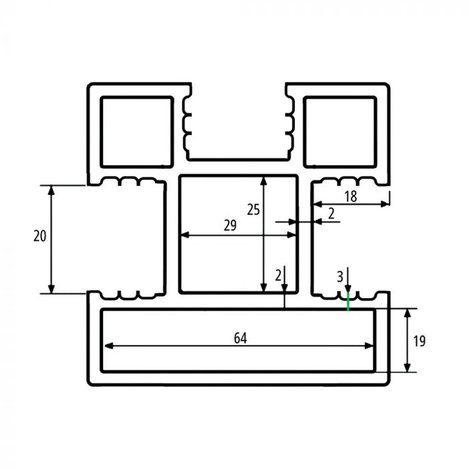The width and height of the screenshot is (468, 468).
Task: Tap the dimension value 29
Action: [230, 226]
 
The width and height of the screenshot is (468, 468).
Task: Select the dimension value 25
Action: [253, 209]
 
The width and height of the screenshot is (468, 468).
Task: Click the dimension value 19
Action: [419, 341]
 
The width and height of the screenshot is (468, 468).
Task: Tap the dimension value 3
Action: [340, 275]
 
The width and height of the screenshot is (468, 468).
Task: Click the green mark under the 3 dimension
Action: [348, 302]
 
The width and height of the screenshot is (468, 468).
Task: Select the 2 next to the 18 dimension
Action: [330, 213]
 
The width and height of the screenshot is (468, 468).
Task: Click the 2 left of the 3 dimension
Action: [277, 275]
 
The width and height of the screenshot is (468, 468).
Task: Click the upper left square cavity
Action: [136, 131]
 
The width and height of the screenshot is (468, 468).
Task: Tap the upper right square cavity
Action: [340, 131]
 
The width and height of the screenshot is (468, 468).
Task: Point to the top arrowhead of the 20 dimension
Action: [51, 189]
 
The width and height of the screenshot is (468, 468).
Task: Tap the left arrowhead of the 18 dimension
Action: [317, 203]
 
